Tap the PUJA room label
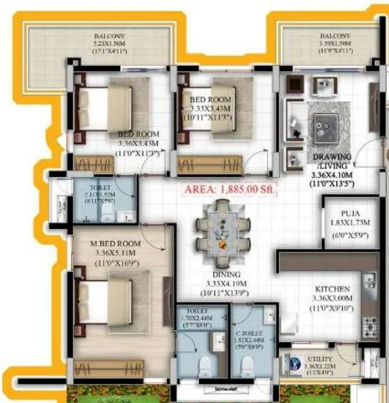(350, 213)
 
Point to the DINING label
(226, 275)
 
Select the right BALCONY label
(333, 36)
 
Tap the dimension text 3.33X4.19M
(226, 284)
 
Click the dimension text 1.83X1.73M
(349, 223)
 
